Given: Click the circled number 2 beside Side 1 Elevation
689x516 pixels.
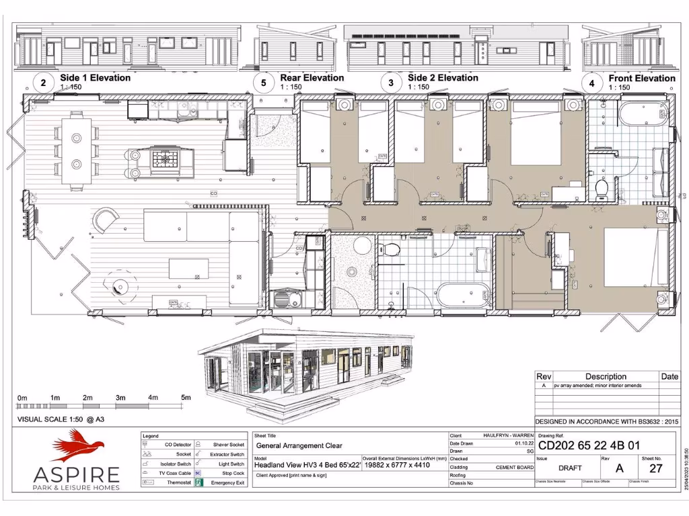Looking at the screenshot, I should coord(44,83).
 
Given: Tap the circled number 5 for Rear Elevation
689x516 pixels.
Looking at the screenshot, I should coord(264,83).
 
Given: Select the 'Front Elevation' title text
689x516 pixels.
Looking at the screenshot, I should coord(641,78).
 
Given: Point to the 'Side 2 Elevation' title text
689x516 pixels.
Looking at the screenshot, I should coord(443,78).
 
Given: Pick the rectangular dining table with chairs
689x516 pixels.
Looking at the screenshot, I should coord(76,150).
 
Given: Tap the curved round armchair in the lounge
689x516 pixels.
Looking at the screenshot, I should coord(105,220).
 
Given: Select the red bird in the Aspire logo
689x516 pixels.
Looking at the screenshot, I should coord(79,445).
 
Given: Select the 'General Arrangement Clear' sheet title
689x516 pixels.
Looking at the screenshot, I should coord(299,445).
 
